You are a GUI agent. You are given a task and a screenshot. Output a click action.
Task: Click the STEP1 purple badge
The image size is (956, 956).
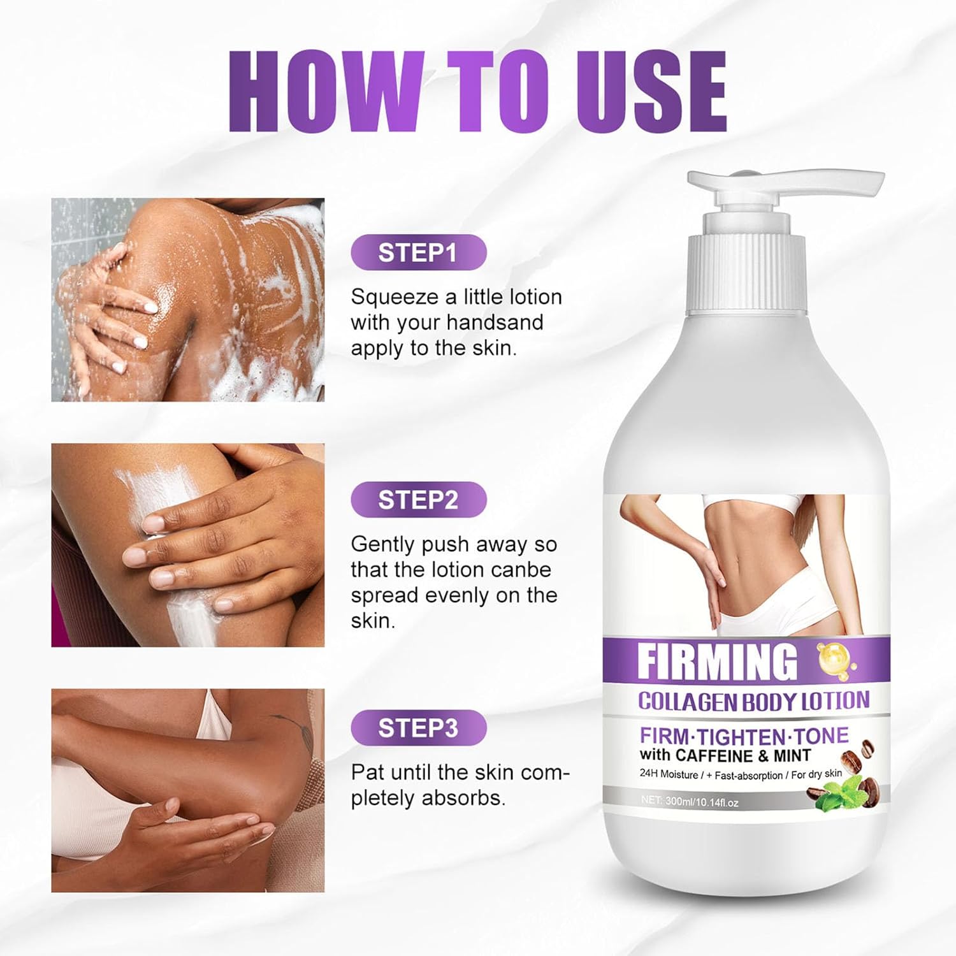point(418,253)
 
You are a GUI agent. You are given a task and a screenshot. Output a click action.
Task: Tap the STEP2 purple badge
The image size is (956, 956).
point(418,500)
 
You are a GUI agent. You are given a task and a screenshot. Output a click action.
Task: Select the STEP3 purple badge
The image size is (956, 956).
point(418,728)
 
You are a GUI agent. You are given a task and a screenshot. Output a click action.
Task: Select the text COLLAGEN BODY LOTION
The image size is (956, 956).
point(753,701)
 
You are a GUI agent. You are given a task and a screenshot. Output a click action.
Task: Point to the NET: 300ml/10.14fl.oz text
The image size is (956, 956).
point(690,802)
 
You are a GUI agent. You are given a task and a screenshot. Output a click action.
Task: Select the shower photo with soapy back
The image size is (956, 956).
point(188,300)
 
